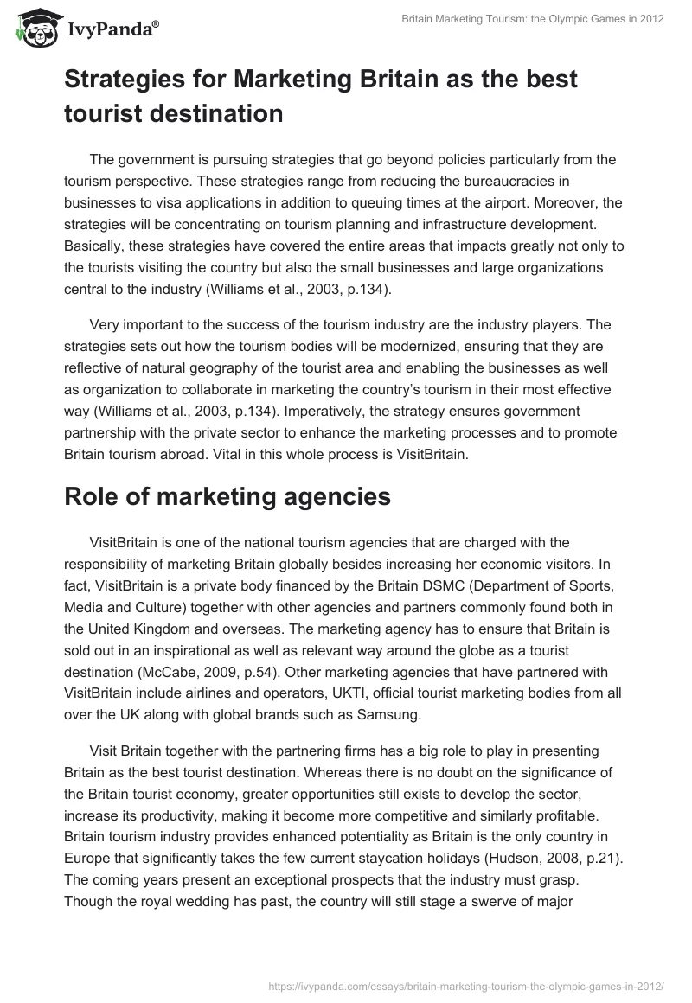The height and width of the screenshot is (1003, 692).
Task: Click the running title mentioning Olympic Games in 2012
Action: tap(533, 20)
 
